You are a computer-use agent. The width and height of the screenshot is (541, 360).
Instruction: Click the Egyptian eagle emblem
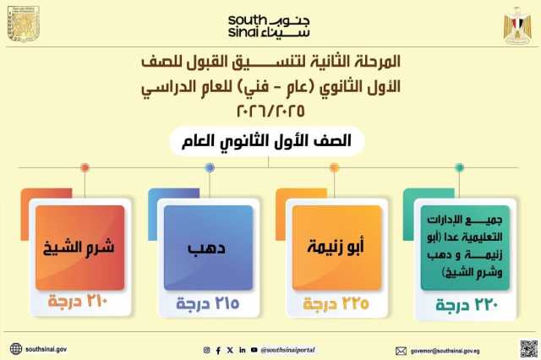517,25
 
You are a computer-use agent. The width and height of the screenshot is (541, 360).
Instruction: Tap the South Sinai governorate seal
24,25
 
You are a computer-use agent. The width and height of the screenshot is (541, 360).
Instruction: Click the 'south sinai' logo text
269,26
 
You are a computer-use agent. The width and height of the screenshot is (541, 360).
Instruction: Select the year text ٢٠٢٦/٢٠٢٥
270,111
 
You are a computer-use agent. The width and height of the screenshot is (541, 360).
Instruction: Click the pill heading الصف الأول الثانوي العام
267,141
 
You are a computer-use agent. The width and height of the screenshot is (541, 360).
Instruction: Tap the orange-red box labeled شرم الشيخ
80,248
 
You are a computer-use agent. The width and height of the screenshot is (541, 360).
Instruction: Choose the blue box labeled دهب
208,248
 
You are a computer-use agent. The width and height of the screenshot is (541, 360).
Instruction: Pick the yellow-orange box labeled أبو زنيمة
336,248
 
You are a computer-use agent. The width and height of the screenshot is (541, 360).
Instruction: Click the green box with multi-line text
465,248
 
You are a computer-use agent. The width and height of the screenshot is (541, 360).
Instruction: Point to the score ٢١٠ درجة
78,302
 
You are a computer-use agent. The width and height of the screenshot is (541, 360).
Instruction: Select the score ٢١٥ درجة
208,303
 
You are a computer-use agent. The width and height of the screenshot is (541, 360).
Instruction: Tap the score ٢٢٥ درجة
336,303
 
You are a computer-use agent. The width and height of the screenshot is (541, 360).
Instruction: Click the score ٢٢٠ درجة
467,305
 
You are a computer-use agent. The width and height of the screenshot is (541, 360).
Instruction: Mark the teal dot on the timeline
459,167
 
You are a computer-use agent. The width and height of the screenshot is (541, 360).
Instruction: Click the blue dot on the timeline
210,167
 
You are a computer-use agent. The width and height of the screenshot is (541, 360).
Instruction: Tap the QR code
529,349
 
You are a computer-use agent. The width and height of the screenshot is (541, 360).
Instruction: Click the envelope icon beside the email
401,351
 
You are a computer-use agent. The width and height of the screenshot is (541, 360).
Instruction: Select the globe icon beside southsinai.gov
16,349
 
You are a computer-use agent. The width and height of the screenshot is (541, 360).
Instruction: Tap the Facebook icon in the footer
218,351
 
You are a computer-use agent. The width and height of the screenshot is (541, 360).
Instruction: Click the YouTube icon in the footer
254,350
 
